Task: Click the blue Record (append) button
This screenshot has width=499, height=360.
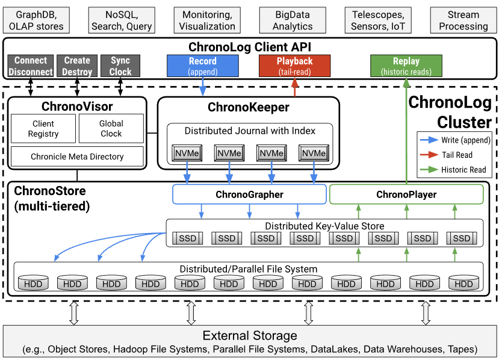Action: (202, 66)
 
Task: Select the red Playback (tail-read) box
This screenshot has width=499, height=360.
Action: (294, 66)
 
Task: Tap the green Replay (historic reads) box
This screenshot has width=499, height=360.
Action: (406, 66)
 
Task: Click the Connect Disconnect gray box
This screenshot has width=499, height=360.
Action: (31, 66)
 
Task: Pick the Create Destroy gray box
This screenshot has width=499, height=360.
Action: (76, 66)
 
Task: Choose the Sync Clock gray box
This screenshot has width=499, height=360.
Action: (120, 66)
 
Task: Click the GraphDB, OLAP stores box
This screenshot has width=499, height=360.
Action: (36, 20)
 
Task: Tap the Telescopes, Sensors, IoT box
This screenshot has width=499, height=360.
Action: (378, 20)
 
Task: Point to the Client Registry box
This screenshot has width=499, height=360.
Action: (43, 129)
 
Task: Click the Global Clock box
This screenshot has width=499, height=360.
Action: (111, 129)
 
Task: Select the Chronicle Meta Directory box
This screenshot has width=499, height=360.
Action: (77, 157)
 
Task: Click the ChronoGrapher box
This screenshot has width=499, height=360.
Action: (249, 194)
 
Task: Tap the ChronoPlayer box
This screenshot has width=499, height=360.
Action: (406, 194)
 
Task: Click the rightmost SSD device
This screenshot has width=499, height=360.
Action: (462, 238)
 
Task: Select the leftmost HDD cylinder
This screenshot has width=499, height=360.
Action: (33, 283)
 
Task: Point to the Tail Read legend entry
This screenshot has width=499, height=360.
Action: (456, 155)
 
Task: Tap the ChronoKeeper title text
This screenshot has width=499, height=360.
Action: (248, 107)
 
